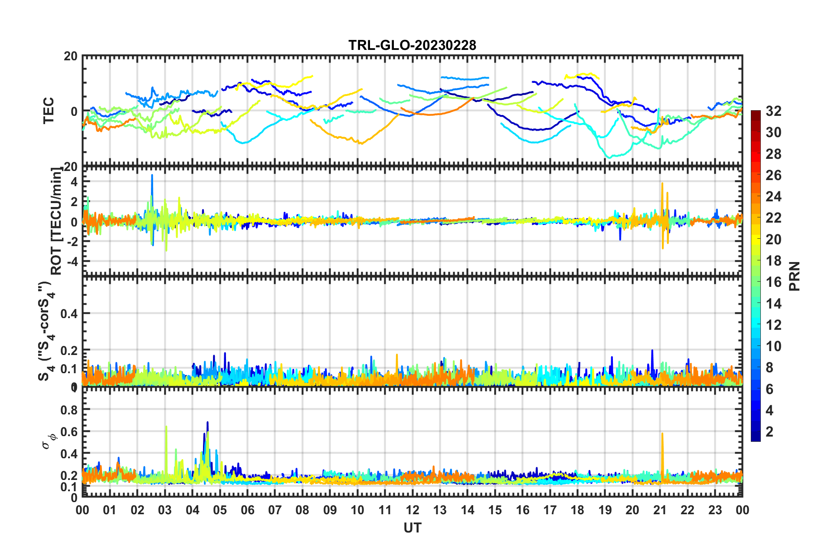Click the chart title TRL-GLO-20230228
[412, 45]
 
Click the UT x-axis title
[412, 528]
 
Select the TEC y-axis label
[49, 110]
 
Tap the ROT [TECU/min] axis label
[56, 221]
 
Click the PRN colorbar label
[795, 276]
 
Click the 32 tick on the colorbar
[773, 111]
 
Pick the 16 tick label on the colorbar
[773, 282]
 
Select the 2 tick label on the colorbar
[770, 431]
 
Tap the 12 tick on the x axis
[412, 510]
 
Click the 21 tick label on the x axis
[660, 510]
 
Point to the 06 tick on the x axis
[248, 510]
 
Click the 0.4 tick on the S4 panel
[69, 313]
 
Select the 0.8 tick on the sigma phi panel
[69, 410]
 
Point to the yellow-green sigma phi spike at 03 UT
[166, 428]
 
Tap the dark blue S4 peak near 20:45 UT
[652, 351]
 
